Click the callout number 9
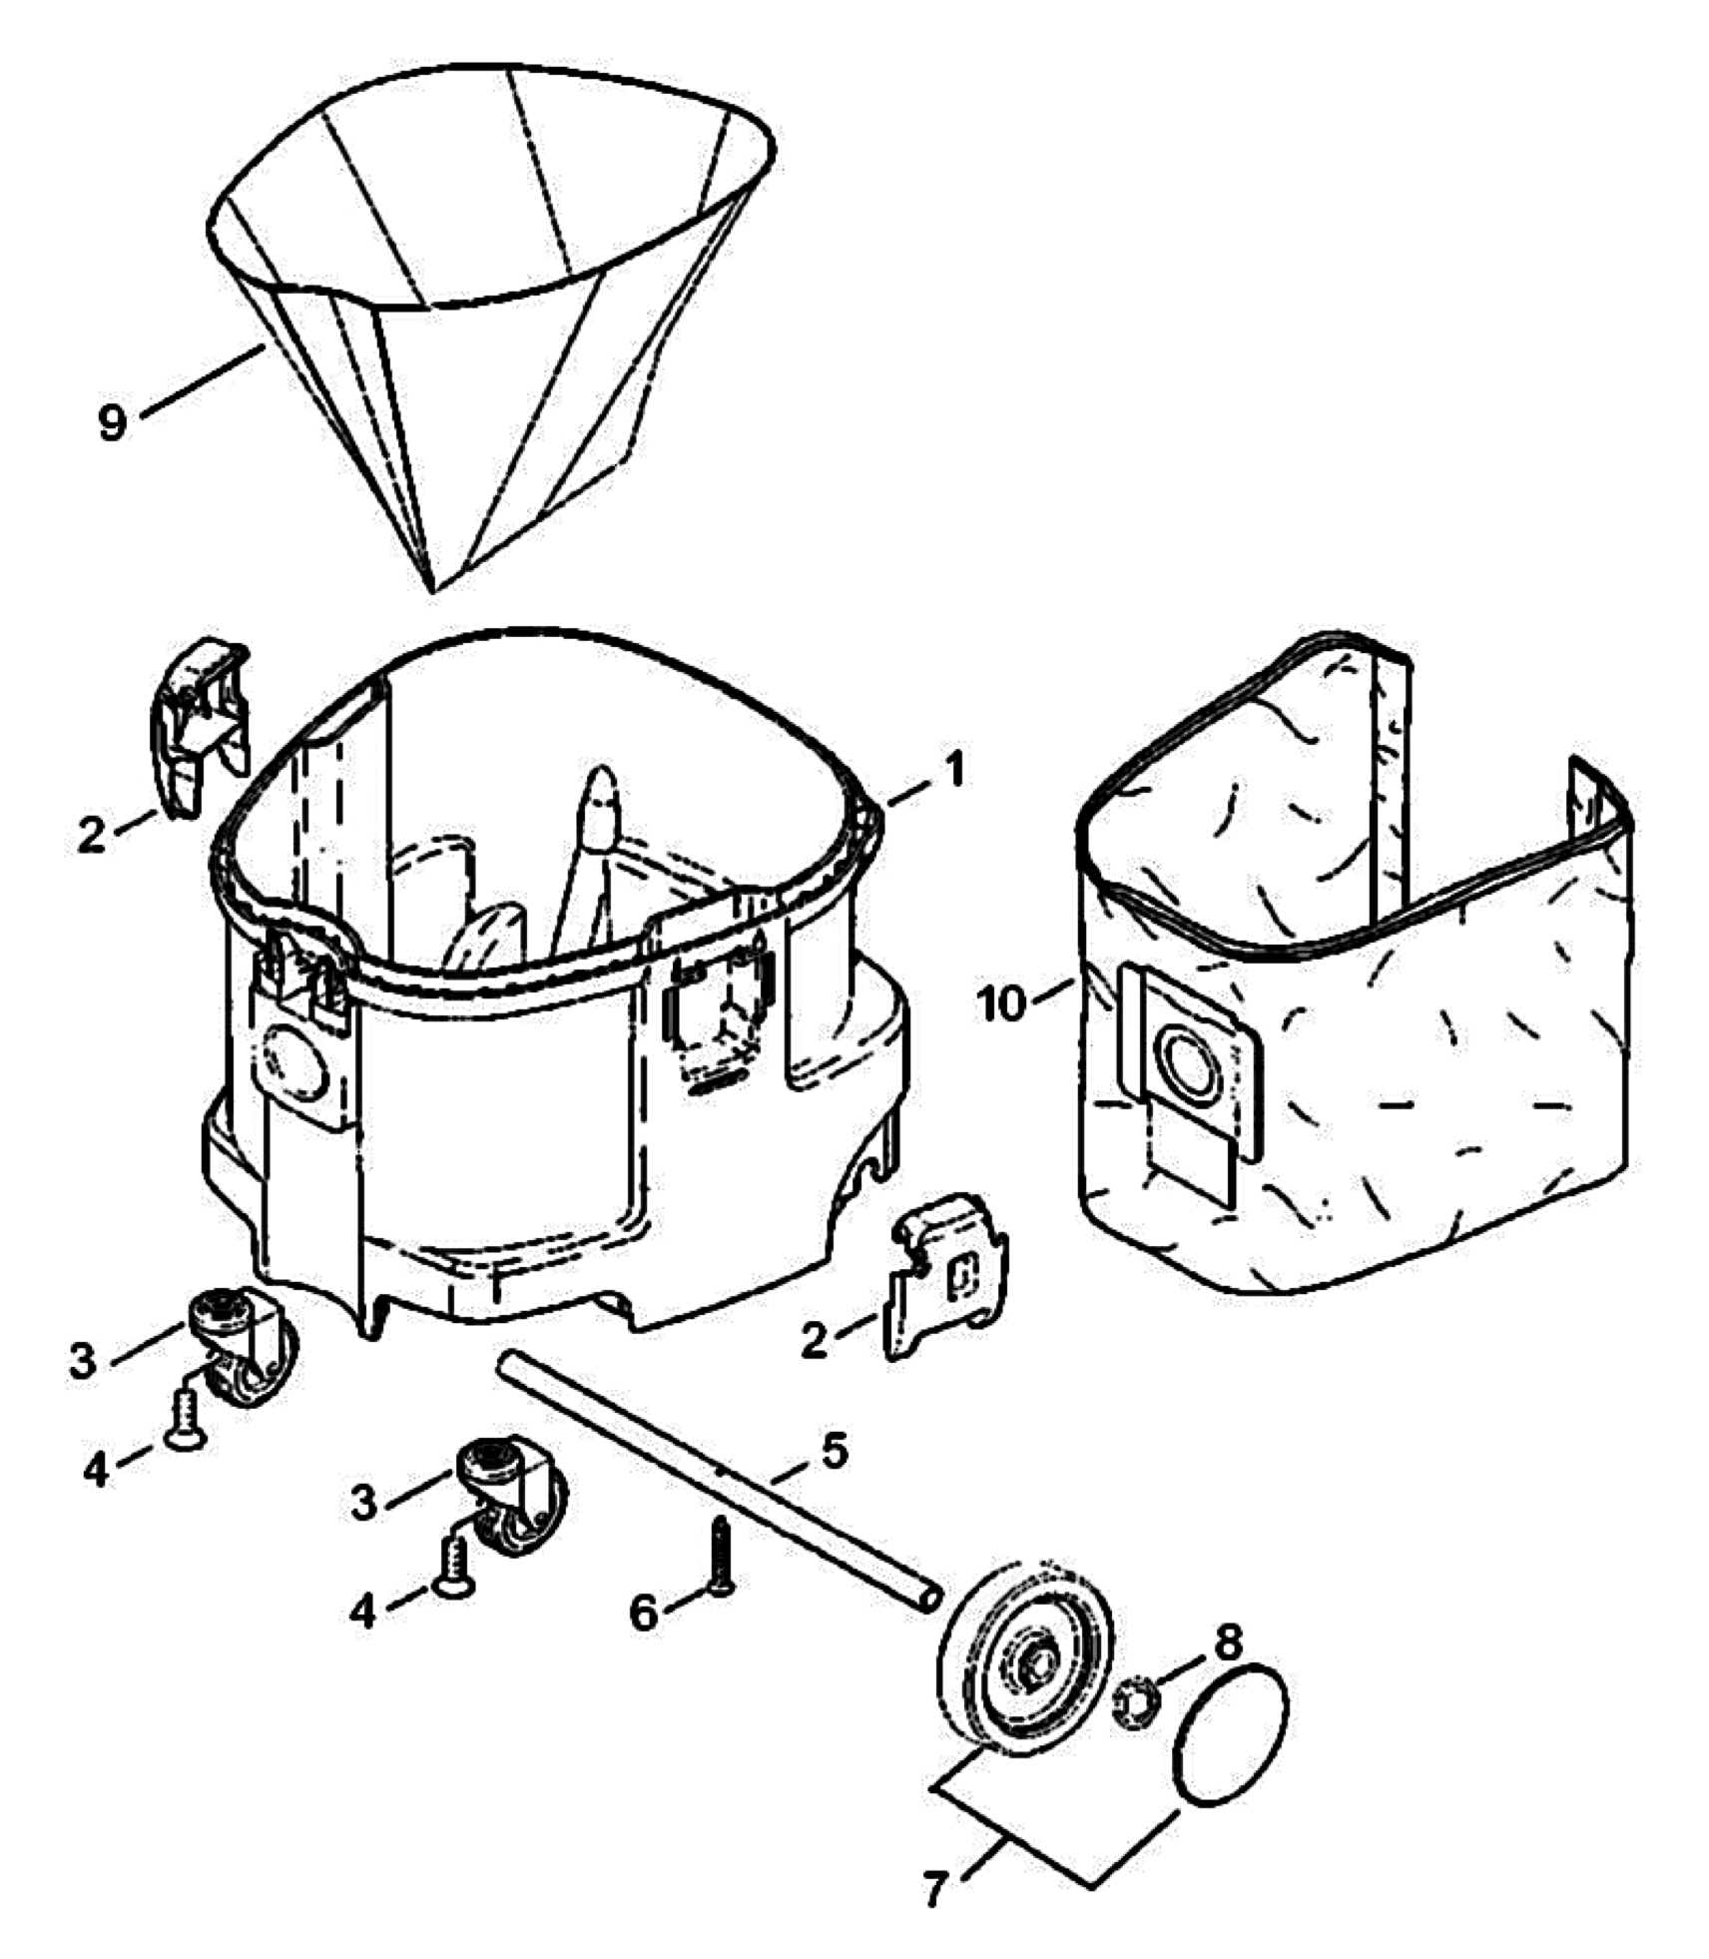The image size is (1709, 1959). tap(113, 422)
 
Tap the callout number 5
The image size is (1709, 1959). tap(834, 1450)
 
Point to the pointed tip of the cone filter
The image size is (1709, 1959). tap(431, 587)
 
